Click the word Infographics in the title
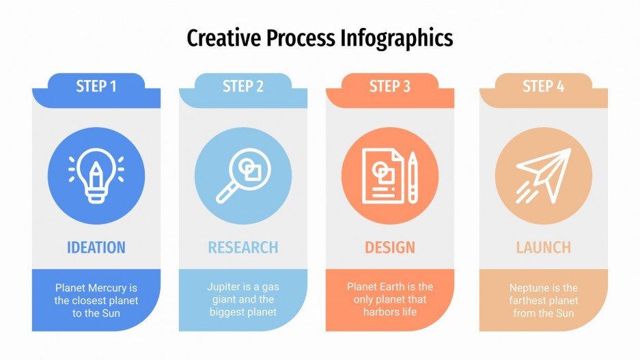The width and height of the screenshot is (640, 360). (396, 38)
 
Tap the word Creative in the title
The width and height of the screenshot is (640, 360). (223, 38)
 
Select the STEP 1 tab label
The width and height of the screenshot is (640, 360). (96, 87)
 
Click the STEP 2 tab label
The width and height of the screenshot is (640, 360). (243, 87)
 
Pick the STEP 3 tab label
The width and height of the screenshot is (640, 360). (390, 87)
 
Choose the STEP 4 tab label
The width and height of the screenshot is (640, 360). (544, 87)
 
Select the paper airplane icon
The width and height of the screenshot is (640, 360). (543, 175)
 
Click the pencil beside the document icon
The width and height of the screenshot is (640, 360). (413, 177)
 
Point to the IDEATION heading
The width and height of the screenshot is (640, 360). (96, 247)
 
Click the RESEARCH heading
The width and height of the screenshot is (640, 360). (243, 247)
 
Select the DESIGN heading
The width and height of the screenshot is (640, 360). (390, 247)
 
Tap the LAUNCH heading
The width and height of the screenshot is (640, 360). (544, 247)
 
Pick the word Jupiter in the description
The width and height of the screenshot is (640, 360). (224, 287)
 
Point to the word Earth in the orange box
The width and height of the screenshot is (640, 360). (398, 287)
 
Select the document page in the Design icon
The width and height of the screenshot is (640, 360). (383, 177)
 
